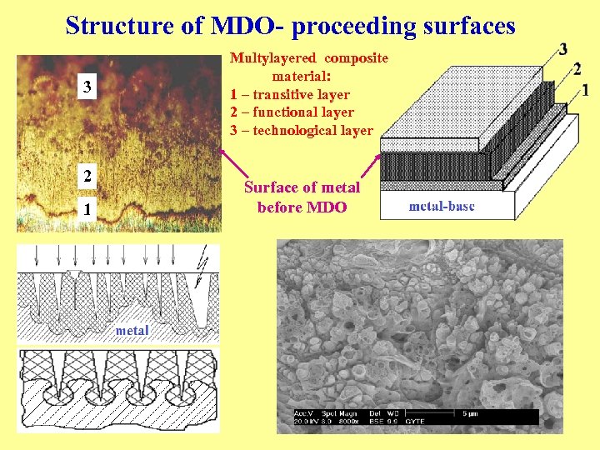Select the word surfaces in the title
[x=466, y=26]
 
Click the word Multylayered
[x=273, y=57]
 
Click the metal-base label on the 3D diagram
[x=442, y=206]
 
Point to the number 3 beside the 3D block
[x=564, y=48]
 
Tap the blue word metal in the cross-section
[x=132, y=330]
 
